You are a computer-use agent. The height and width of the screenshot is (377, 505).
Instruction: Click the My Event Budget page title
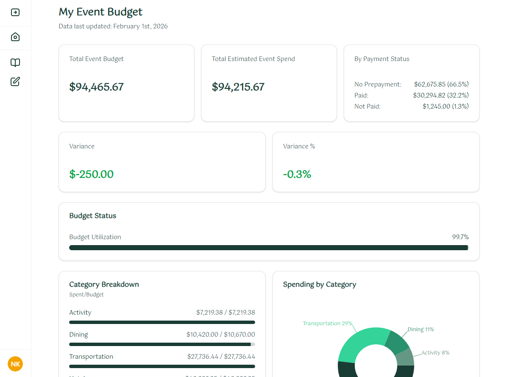point(101,12)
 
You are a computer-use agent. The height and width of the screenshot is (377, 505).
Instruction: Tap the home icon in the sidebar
point(15,37)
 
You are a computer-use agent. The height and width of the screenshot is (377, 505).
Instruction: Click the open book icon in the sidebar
point(15,63)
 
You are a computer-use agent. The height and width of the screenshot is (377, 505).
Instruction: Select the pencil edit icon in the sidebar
point(15,81)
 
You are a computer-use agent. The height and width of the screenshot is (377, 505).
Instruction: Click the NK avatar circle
point(15,364)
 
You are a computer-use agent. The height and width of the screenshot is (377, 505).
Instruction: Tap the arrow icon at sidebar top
point(15,12)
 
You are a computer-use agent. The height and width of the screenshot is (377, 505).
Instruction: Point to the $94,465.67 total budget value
point(96,87)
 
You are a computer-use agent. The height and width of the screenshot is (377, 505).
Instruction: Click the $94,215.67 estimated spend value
point(238,87)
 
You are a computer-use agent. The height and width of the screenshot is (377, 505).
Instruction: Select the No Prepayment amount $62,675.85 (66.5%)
point(441,84)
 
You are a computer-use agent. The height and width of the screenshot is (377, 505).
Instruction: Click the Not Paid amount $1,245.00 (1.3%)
point(446,106)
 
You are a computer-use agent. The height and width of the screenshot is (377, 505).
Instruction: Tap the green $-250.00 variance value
point(91,174)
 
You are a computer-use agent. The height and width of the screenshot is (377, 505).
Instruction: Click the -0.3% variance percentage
point(297,174)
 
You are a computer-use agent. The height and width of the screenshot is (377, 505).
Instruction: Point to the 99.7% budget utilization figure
point(460,237)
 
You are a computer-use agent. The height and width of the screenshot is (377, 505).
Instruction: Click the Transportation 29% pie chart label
point(327,324)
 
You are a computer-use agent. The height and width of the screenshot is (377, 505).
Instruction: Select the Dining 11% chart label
point(421,330)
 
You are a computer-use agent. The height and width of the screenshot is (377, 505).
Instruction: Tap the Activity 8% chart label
point(435,353)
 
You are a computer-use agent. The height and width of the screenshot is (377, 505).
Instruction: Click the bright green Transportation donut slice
point(361,343)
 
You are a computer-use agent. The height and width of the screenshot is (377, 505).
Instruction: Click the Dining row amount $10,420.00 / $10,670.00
point(221,335)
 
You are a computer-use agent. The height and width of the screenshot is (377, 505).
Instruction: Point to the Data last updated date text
point(113,26)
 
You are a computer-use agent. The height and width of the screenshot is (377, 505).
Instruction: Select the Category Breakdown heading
point(104,285)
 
